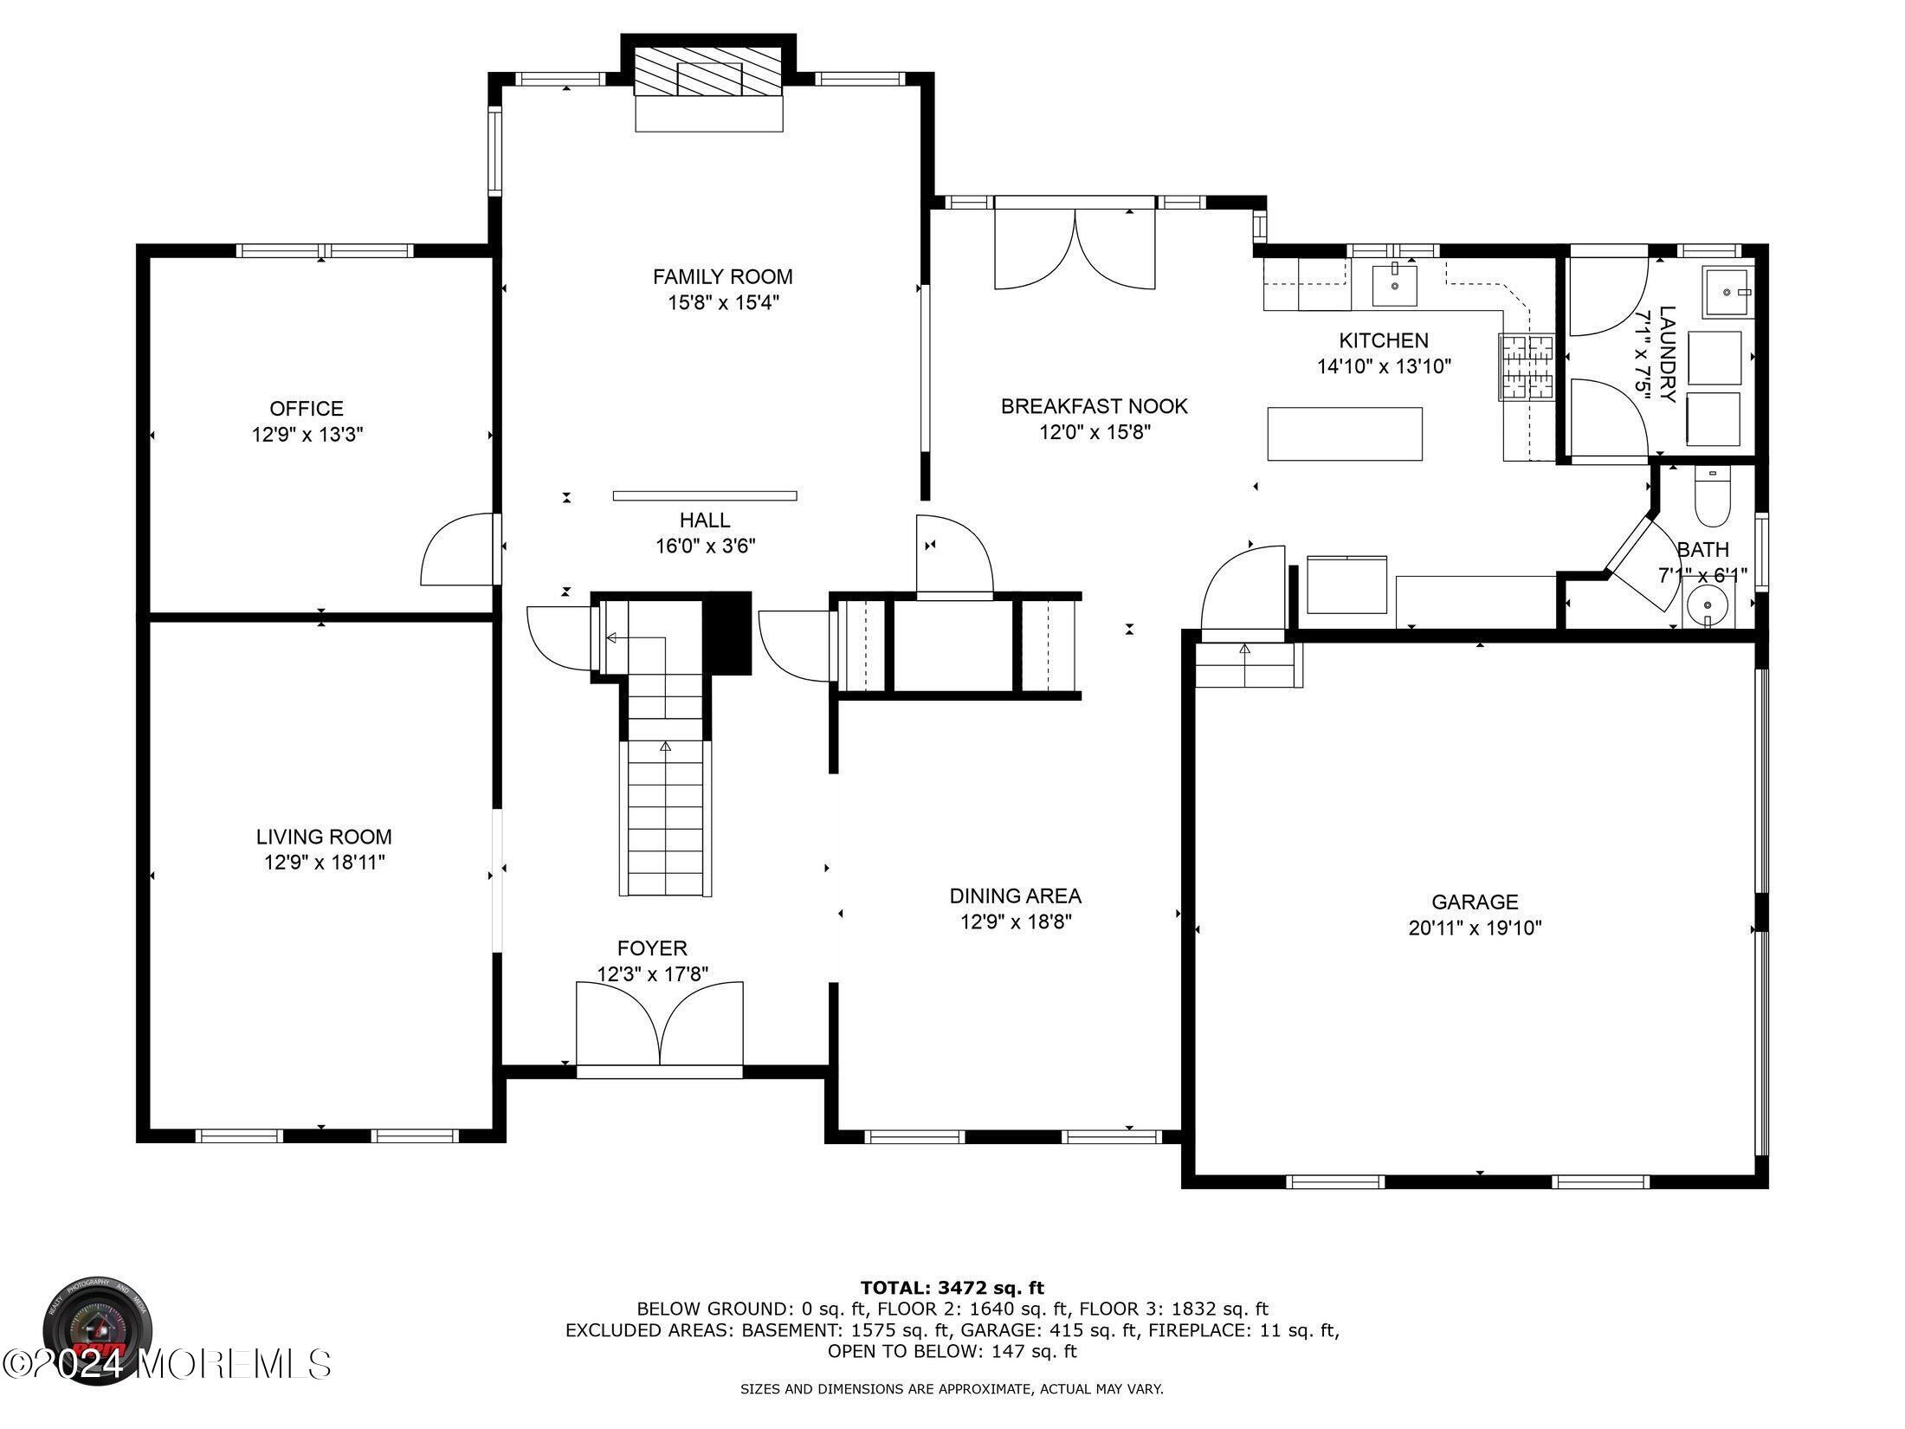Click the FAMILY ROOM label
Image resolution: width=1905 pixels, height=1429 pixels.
coord(722,277)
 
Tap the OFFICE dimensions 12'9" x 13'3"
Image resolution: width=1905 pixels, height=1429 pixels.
coord(307,435)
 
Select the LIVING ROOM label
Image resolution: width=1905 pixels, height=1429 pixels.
coord(324,837)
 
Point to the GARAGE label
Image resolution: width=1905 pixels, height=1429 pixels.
coord(1475,902)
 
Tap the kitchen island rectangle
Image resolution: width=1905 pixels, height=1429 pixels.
coord(1345,434)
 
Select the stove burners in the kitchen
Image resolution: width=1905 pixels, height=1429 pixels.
coord(1527,367)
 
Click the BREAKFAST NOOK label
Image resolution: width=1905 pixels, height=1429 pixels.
coord(1095,406)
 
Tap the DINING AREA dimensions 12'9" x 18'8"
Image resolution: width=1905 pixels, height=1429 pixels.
coord(1016,922)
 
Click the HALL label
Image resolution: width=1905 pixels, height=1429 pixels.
coord(705,521)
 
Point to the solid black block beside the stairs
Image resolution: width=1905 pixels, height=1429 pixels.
coord(726,632)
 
